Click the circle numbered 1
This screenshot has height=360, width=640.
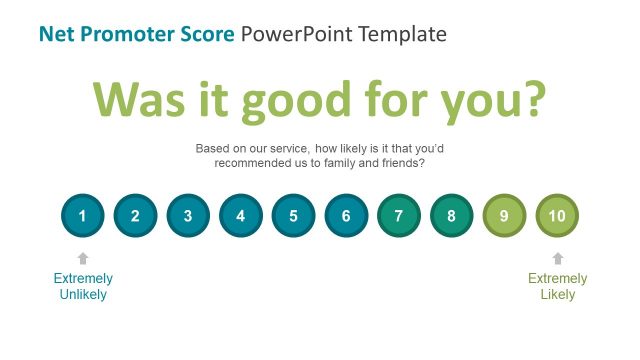click(82, 215)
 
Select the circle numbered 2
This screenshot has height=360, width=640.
click(135, 215)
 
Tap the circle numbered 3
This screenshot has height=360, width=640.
click(187, 215)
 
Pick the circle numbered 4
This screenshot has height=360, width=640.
click(240, 215)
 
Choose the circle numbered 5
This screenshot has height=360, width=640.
click(293, 215)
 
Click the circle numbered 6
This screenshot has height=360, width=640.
click(346, 215)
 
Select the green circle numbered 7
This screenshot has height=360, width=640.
click(399, 215)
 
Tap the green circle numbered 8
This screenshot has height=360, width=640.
click(451, 215)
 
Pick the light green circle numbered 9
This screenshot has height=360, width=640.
click(504, 215)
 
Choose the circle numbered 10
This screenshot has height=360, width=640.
click(557, 215)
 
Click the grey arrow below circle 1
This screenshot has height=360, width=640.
click(82, 258)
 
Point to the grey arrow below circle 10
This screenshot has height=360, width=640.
click(557, 258)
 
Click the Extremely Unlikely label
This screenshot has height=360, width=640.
click(82, 286)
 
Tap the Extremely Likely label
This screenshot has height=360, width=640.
click(557, 286)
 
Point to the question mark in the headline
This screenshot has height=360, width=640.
click(533, 99)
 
